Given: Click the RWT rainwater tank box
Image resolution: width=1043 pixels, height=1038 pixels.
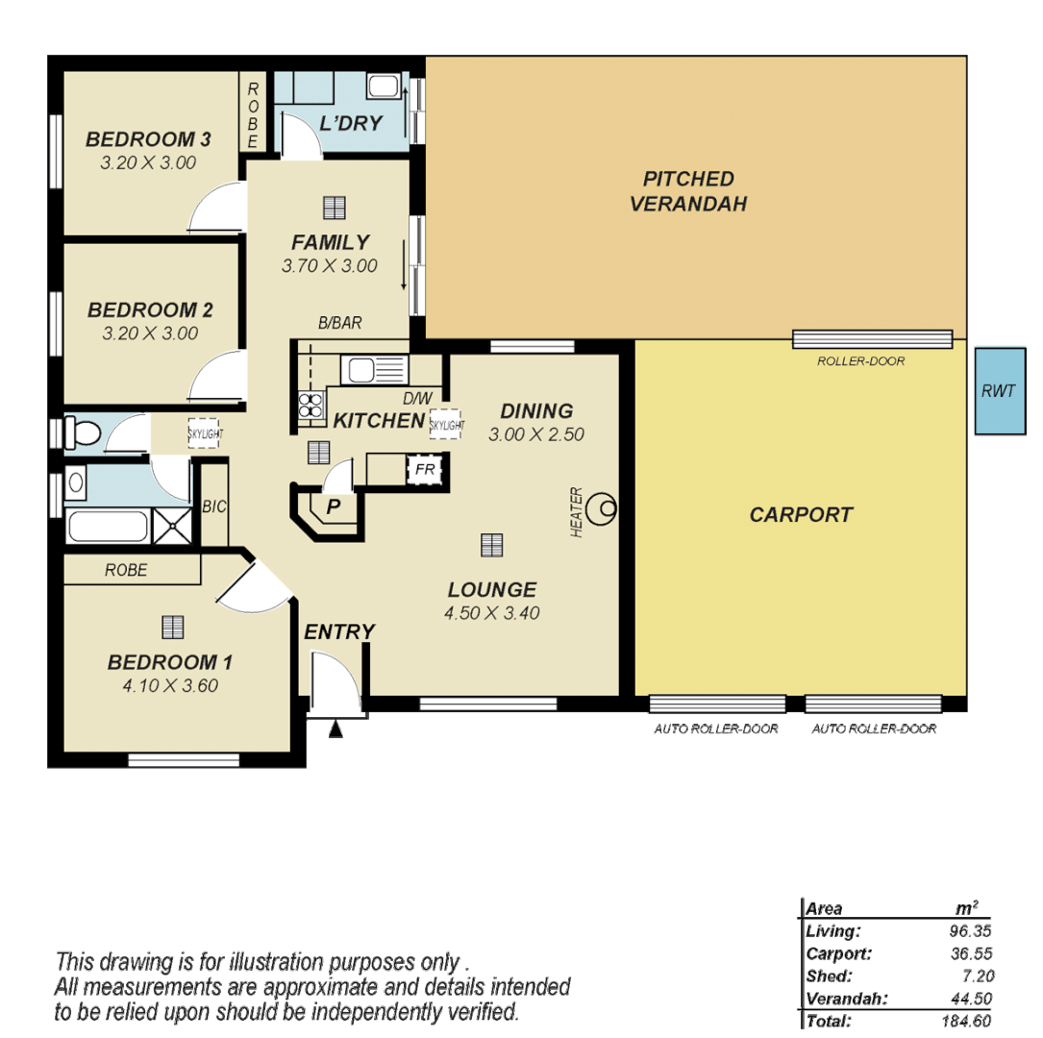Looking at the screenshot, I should [998, 391].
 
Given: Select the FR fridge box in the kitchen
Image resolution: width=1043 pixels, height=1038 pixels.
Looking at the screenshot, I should [423, 470].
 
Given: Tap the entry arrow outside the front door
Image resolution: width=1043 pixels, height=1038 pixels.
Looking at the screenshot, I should [335, 729].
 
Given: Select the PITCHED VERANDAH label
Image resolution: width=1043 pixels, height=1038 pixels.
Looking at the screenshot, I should [688, 191].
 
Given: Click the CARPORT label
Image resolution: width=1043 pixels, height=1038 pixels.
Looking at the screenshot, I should [801, 515].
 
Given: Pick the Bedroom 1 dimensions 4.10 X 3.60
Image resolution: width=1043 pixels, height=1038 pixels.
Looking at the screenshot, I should [170, 686].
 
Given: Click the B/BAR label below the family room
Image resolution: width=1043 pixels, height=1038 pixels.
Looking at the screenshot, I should [340, 324].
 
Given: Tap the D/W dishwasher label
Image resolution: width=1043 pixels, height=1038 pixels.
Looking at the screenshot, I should [416, 398].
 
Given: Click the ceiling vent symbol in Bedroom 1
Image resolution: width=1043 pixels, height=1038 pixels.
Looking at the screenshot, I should [172, 628].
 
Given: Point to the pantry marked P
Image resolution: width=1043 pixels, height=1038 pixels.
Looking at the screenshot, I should [333, 507].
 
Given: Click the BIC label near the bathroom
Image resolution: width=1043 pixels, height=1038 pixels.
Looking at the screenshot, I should [214, 507].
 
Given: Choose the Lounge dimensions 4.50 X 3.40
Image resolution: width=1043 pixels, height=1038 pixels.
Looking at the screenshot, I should [492, 613].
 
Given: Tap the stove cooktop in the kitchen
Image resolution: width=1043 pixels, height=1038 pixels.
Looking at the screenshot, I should [311, 406].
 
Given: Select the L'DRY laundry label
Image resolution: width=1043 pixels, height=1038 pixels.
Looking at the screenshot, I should [351, 124].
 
